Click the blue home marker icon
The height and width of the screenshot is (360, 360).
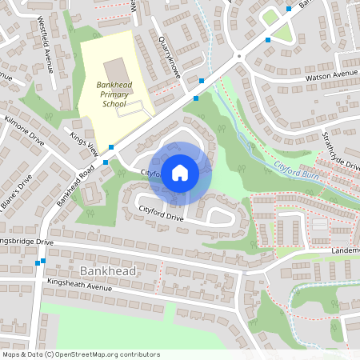(x=179, y=172)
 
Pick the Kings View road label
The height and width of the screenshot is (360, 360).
(x=82, y=141)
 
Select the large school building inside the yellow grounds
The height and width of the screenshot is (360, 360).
(x=114, y=69)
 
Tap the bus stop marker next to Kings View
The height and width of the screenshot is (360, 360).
(x=111, y=147)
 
